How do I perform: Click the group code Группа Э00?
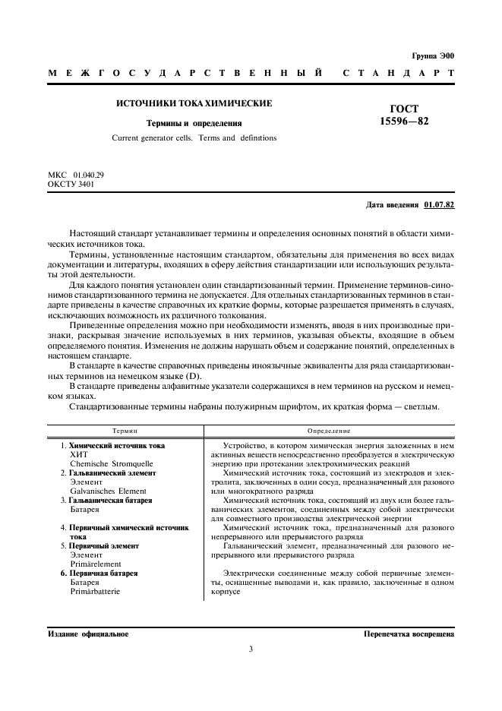(x=432, y=56)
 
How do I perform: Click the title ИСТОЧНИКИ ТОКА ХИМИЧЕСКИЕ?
(x=194, y=103)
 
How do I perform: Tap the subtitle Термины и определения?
(x=194, y=122)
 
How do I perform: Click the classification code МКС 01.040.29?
(x=76, y=175)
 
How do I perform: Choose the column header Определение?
(x=329, y=429)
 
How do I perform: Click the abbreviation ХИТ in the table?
(x=79, y=453)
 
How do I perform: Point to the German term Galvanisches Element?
(x=108, y=491)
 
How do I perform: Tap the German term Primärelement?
(x=93, y=564)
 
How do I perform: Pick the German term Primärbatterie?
(x=95, y=592)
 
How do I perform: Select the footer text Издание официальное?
(x=88, y=633)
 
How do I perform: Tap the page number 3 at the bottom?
(x=251, y=649)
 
